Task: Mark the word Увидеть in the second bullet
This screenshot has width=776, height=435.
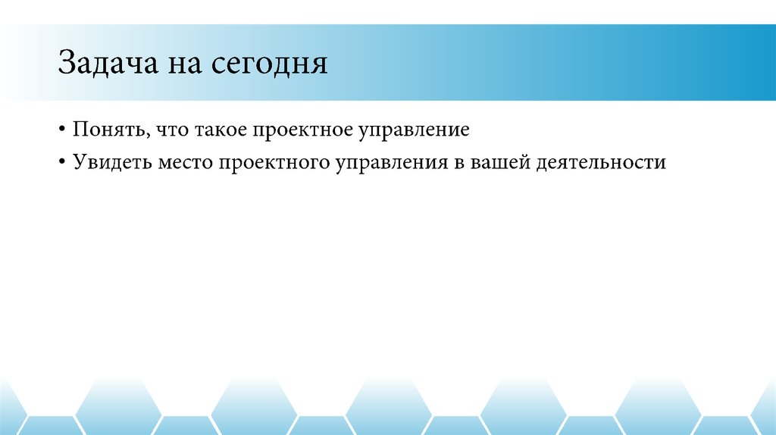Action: point(111,163)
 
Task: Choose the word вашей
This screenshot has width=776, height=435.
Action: point(499,163)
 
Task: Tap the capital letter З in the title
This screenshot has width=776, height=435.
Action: point(66,64)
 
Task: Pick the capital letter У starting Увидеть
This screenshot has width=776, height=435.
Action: point(79,163)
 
